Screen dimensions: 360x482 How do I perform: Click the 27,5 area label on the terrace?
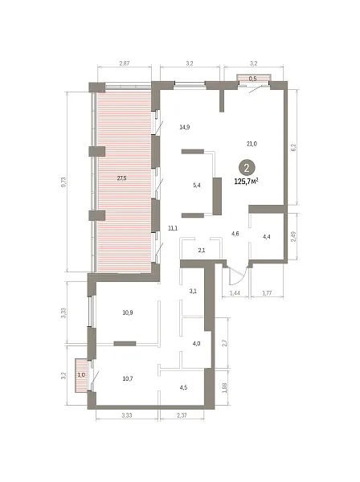(x=122, y=178)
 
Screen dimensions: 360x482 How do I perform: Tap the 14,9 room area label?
(x=185, y=127)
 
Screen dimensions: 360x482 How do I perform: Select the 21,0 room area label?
(x=252, y=144)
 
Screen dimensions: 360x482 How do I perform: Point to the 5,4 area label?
(x=197, y=185)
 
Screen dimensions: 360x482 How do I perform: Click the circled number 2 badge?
(x=247, y=168)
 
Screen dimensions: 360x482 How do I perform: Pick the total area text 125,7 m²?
(x=246, y=182)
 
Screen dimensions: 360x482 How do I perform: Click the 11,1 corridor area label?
(x=173, y=228)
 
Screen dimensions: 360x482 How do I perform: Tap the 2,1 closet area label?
(x=202, y=250)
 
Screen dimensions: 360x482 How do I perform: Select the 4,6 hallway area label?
(x=235, y=234)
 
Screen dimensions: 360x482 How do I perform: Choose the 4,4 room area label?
(x=267, y=237)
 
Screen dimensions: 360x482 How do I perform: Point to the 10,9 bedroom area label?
(x=128, y=312)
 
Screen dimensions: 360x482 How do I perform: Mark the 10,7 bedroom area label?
(x=128, y=378)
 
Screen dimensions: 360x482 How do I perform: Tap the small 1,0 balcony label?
(x=81, y=375)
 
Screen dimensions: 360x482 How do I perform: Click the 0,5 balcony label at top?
(x=252, y=79)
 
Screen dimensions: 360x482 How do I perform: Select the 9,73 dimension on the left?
(x=63, y=182)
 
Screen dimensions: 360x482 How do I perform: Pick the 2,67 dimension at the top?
(x=125, y=63)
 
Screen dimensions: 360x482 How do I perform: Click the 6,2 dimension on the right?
(x=293, y=148)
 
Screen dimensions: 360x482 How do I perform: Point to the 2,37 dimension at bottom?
(x=182, y=415)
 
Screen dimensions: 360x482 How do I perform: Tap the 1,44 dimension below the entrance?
(x=235, y=293)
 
